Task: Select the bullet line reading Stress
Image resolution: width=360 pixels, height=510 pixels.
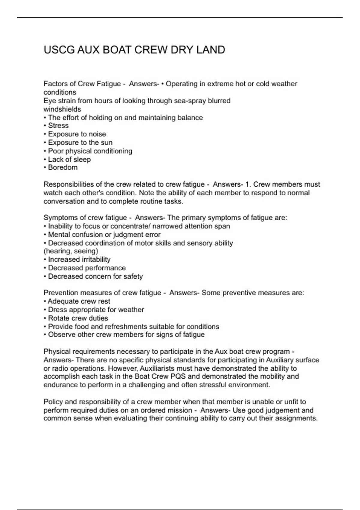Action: click(x=58, y=126)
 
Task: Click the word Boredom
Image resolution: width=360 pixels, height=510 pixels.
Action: click(x=63, y=167)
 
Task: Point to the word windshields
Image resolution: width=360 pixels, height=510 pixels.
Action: click(x=62, y=109)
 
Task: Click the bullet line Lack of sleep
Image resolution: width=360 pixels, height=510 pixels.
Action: click(x=69, y=159)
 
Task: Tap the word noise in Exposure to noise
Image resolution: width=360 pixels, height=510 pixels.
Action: click(x=97, y=134)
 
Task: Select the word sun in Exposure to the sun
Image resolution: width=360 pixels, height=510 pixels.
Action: click(x=106, y=142)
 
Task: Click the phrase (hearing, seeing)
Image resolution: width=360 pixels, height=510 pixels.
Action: click(x=71, y=251)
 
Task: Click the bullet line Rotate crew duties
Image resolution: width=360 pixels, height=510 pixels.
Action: click(x=78, y=318)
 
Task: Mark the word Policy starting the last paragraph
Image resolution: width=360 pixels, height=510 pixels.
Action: click(x=53, y=402)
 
